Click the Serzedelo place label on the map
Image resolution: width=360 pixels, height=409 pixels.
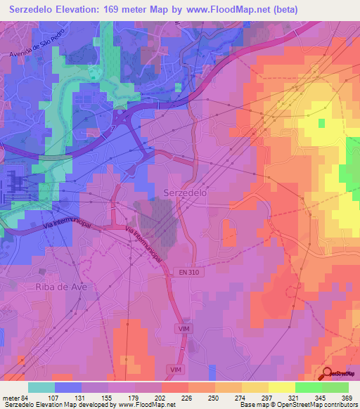tap(185, 191)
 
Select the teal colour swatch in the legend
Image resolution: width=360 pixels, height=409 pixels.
tap(41, 387)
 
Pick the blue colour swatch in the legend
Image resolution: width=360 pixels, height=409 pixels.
tap(68, 387)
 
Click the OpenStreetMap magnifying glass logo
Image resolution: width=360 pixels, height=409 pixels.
tap(328, 375)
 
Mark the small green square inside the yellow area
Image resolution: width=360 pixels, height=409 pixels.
tap(321, 123)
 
